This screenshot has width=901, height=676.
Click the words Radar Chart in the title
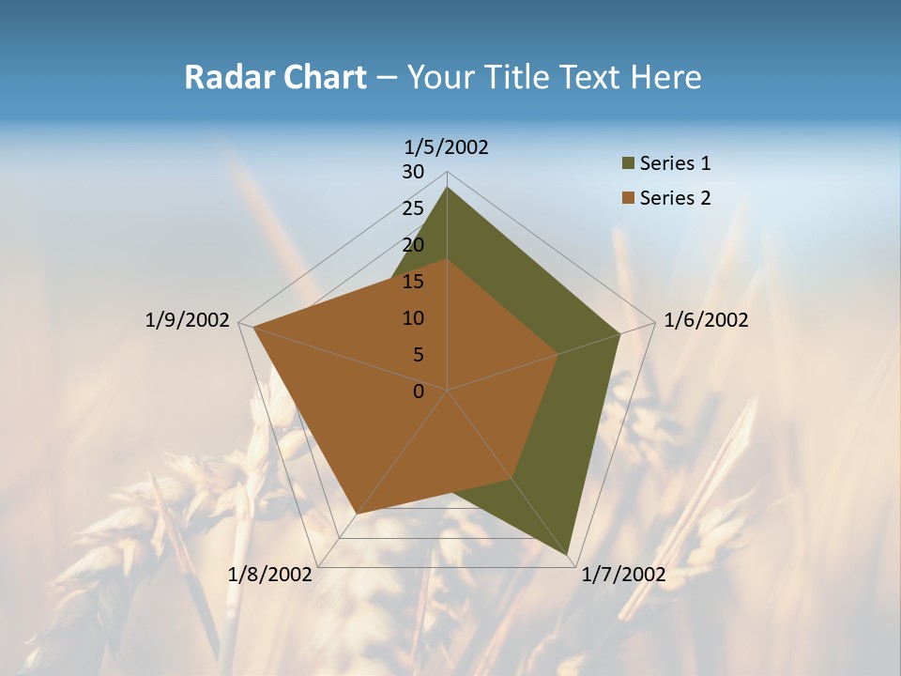(275, 78)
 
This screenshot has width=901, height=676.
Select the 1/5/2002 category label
(447, 147)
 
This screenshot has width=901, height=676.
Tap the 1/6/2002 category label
(706, 320)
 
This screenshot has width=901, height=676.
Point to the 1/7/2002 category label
(624, 575)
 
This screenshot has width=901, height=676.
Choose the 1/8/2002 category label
(270, 575)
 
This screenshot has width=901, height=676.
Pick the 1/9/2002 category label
(188, 320)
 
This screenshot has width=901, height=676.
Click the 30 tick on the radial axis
(413, 172)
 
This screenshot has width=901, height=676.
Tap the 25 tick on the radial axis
(413, 208)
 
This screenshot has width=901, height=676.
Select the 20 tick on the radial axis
(413, 245)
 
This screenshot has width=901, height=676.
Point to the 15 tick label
(413, 282)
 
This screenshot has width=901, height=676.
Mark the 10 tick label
(413, 318)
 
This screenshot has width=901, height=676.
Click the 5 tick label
(418, 355)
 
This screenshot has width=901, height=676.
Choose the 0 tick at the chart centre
(419, 392)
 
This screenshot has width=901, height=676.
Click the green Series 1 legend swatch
(628, 164)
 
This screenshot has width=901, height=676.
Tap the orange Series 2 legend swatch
(628, 198)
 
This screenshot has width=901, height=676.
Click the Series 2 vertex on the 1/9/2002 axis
(253, 328)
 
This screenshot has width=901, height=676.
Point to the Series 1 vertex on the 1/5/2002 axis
(447, 187)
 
